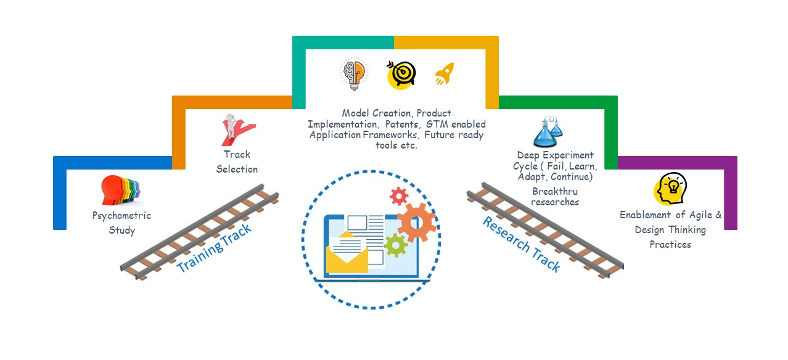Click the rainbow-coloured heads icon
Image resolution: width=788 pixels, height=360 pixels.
pyautogui.click(x=121, y=190)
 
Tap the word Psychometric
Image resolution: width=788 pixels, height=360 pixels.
pyautogui.click(x=121, y=216)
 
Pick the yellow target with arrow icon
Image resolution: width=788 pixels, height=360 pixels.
pyautogui.click(x=401, y=73)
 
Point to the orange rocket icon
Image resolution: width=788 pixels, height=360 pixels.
pyautogui.click(x=445, y=74)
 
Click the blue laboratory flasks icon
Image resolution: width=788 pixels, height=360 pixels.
pyautogui.click(x=548, y=131)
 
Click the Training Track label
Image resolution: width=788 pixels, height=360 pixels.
pyautogui.click(x=214, y=248)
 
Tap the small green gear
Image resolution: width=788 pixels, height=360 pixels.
pyautogui.click(x=395, y=245)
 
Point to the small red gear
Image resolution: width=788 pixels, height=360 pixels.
pyautogui.click(x=399, y=196)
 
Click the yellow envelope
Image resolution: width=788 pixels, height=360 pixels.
pyautogui.click(x=347, y=253)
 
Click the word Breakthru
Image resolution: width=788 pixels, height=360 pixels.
pyautogui.click(x=555, y=191)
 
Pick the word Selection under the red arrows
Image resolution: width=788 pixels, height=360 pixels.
pyautogui.click(x=237, y=169)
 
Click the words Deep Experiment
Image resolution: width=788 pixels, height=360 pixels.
pyautogui.click(x=555, y=155)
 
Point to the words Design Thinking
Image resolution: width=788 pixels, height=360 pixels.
pyautogui.click(x=670, y=229)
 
